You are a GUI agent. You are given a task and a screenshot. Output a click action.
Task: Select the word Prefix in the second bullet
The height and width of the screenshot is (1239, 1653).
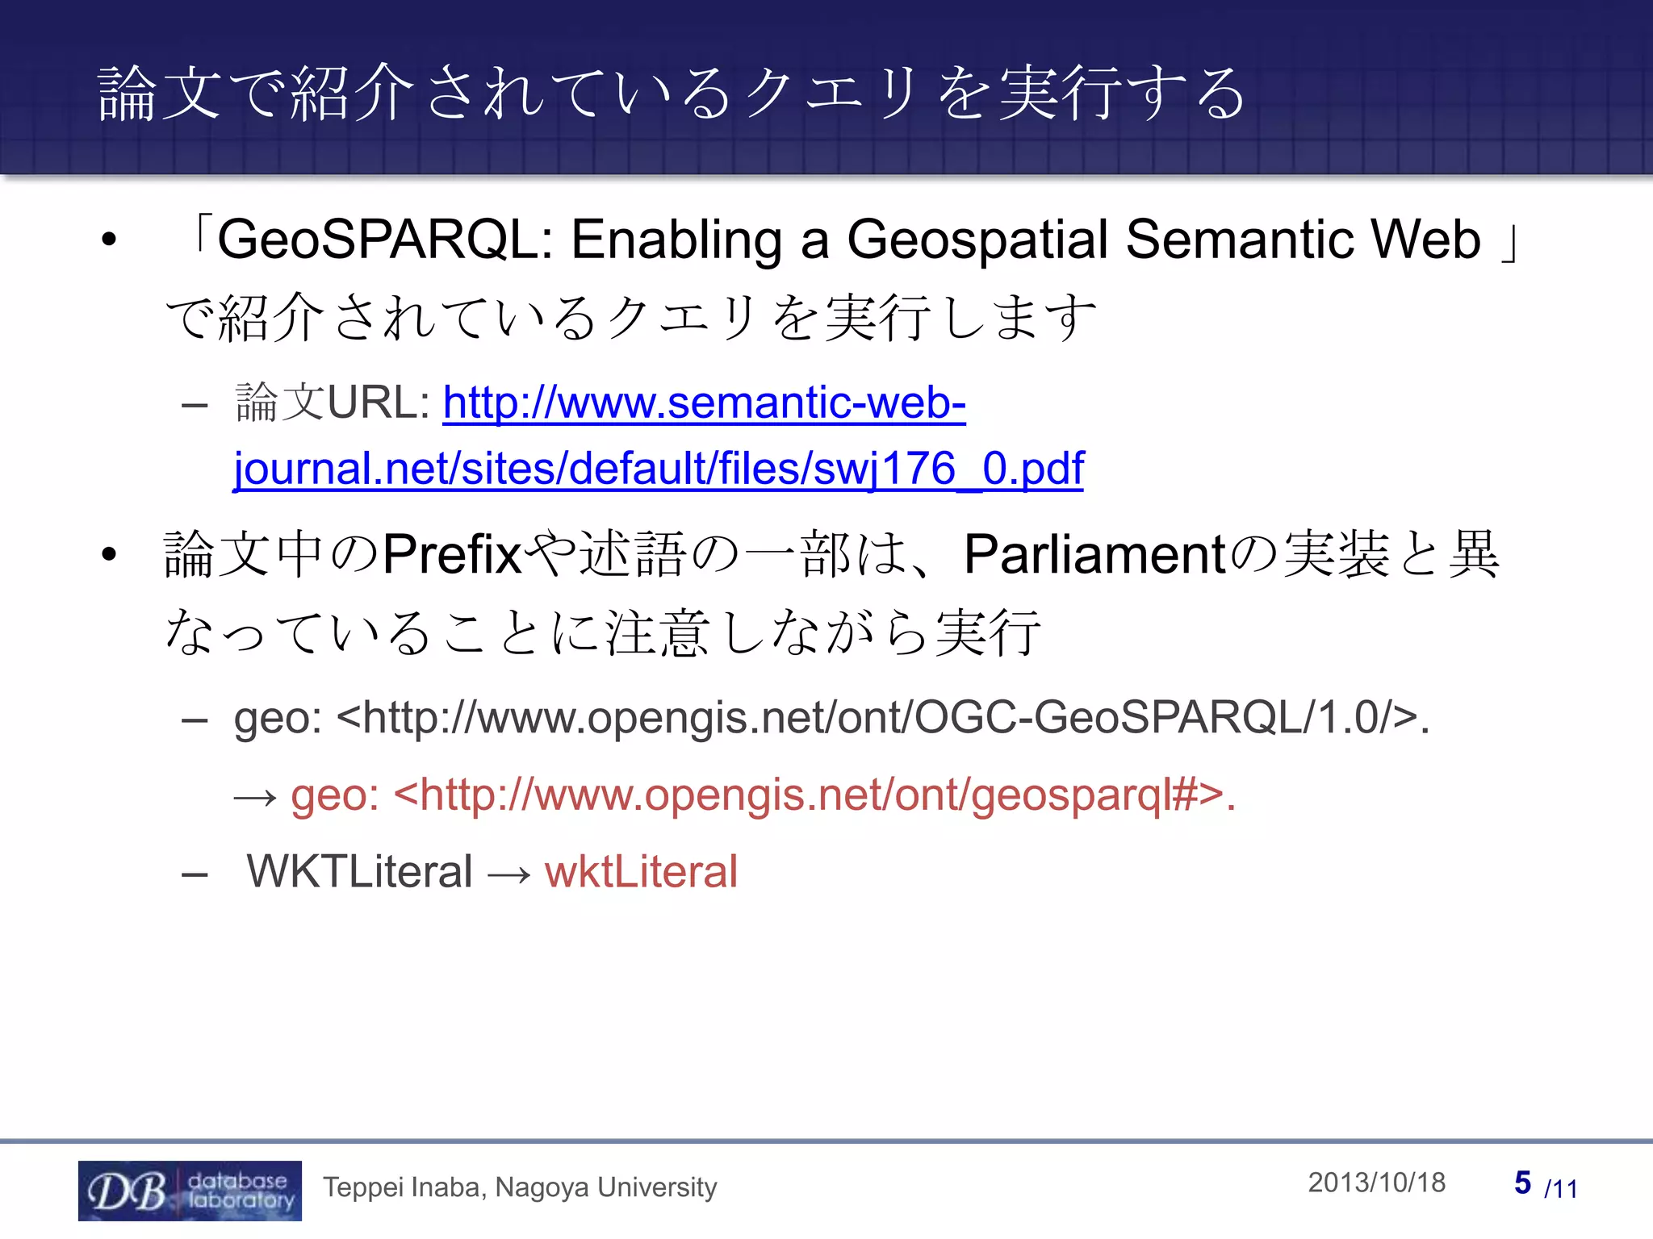(451, 555)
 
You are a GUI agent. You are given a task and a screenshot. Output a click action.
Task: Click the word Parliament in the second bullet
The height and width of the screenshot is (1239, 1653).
(1094, 555)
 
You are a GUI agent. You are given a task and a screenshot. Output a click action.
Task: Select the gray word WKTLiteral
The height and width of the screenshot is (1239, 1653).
(359, 872)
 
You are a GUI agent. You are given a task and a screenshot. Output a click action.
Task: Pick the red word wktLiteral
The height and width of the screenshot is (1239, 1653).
(641, 872)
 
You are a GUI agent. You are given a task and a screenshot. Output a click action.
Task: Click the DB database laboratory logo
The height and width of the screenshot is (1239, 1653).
(190, 1191)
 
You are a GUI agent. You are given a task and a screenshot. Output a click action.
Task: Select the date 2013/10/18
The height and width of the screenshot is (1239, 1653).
(1376, 1183)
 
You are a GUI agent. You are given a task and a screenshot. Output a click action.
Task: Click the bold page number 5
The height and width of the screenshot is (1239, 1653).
(1522, 1183)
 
